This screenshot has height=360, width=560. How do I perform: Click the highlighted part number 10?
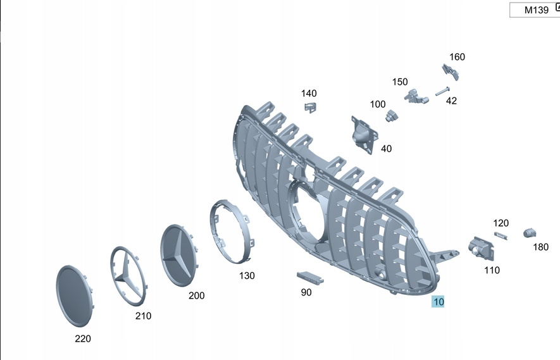tap(438, 302)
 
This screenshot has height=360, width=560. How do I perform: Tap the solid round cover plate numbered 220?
tap(75, 295)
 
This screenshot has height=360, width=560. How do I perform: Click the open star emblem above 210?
tap(128, 276)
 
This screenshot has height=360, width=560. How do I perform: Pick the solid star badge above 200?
tap(179, 255)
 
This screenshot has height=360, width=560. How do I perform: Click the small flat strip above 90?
tap(310, 277)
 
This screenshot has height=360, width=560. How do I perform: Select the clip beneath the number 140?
tap(310, 107)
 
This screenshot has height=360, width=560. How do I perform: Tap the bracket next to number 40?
tap(364, 135)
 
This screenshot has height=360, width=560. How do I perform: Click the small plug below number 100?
tap(392, 115)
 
